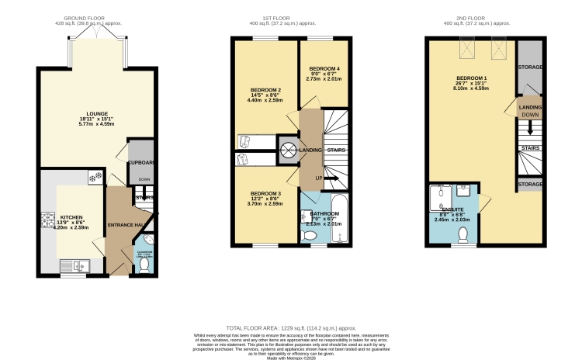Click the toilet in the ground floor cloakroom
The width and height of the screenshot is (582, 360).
pos(143,265)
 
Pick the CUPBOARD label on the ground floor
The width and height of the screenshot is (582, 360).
pos(142,163)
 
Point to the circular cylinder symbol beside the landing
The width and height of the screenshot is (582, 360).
pos(288,150)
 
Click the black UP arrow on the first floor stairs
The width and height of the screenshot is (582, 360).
pos(329,178)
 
